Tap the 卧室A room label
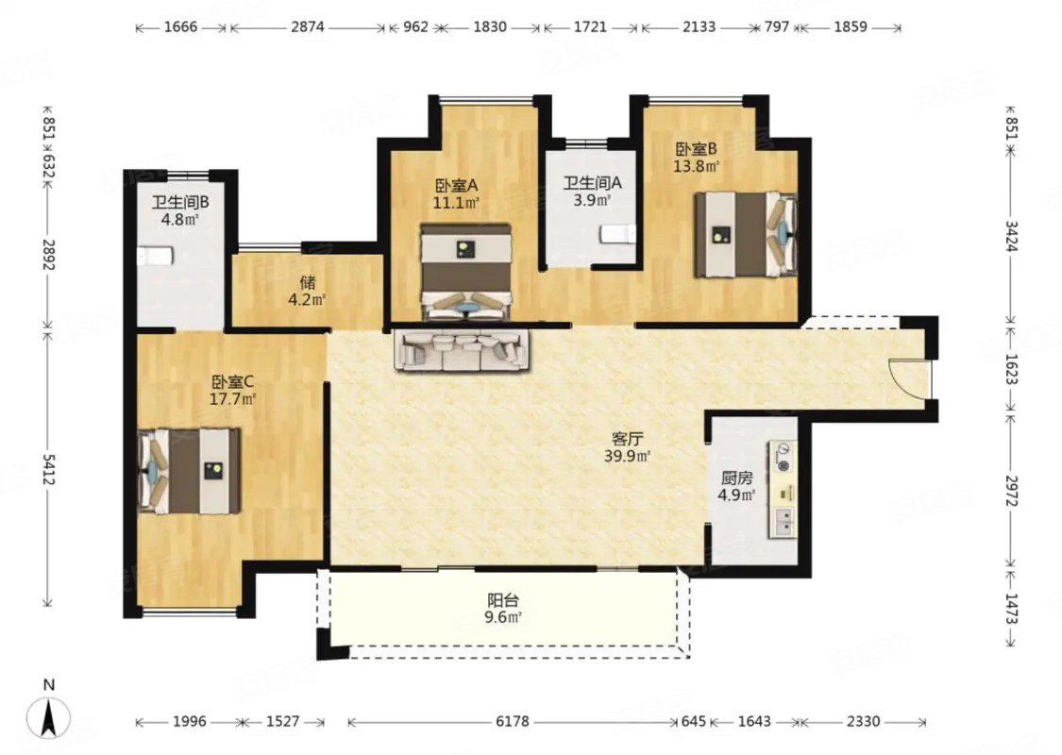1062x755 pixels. click(457, 184)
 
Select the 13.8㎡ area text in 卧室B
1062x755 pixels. click(696, 165)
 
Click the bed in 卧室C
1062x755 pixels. click(190, 471)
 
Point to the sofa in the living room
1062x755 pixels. click(462, 349)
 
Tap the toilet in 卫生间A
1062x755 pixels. click(617, 234)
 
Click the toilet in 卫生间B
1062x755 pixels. click(155, 256)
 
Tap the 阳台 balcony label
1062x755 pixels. click(504, 600)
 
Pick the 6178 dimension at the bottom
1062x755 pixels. click(512, 721)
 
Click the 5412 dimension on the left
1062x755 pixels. click(48, 469)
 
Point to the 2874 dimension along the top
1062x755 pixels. click(308, 27)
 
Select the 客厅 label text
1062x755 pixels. click(627, 439)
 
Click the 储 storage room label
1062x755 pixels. click(308, 281)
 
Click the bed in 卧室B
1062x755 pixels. click(745, 235)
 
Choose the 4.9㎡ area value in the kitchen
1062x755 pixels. click(736, 495)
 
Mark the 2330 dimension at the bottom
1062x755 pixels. click(863, 721)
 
